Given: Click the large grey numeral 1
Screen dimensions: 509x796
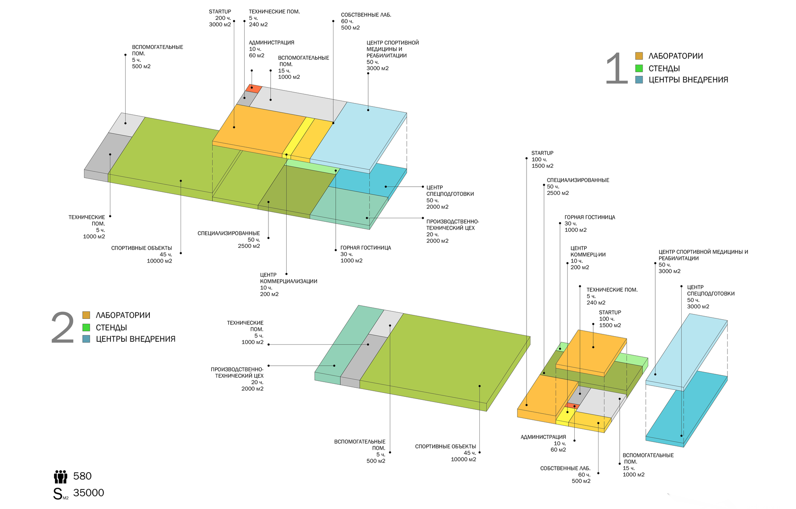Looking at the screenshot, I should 617,68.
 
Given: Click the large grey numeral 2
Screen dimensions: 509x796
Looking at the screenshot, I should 63,327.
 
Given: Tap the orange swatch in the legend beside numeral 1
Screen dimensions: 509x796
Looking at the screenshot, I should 639,56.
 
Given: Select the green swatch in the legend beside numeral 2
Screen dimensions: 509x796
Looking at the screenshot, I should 86,327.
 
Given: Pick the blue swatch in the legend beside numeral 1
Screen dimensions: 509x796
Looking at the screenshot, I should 639,80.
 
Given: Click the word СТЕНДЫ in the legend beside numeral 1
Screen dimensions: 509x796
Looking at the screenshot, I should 664,68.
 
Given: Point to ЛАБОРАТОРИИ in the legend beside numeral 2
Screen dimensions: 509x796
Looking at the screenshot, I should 123,315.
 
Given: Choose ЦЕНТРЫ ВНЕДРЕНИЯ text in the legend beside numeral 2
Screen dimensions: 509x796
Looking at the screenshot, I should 136,339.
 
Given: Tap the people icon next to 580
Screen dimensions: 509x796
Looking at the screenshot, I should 61,477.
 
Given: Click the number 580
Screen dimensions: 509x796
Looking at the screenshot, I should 82,476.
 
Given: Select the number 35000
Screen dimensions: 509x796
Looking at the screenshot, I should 89,493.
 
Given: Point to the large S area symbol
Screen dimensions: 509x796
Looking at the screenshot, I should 58,494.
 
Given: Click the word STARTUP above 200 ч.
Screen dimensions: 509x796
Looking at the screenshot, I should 220,12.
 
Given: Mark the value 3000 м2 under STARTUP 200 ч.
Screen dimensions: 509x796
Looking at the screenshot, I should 220,25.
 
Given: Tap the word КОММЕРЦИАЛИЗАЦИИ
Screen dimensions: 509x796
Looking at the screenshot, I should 288,281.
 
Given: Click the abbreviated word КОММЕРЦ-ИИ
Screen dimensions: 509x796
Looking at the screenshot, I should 588,255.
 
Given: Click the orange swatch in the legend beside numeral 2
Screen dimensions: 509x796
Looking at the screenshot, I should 86,315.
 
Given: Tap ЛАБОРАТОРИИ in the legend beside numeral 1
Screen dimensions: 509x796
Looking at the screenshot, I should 676,56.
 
